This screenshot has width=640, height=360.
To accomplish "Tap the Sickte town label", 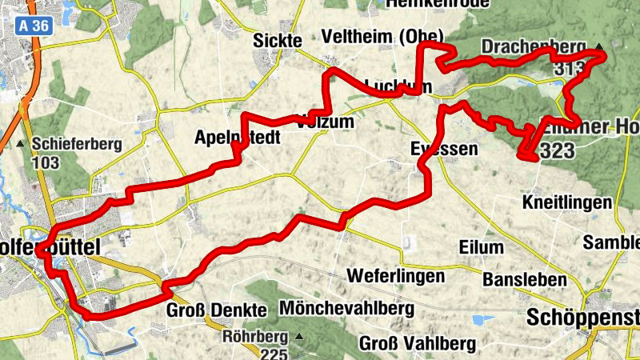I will [x=277, y=41].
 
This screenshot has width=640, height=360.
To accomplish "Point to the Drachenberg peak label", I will [x=534, y=48].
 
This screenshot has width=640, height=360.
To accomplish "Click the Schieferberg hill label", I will [x=77, y=145].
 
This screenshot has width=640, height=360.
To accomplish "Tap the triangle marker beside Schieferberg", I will [x=20, y=145].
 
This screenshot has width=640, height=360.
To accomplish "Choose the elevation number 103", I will [x=47, y=162].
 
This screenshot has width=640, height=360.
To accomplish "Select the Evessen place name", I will [x=443, y=150].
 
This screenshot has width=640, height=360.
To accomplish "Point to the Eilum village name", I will [x=482, y=247].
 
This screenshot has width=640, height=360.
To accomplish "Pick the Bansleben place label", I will [x=525, y=280].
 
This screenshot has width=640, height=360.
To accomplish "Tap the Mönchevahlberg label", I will [x=346, y=308].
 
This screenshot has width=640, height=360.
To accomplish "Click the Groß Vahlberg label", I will [x=418, y=343].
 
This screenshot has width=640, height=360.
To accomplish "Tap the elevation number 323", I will [x=557, y=151].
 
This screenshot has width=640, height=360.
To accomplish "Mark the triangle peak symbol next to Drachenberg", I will [x=599, y=46].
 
